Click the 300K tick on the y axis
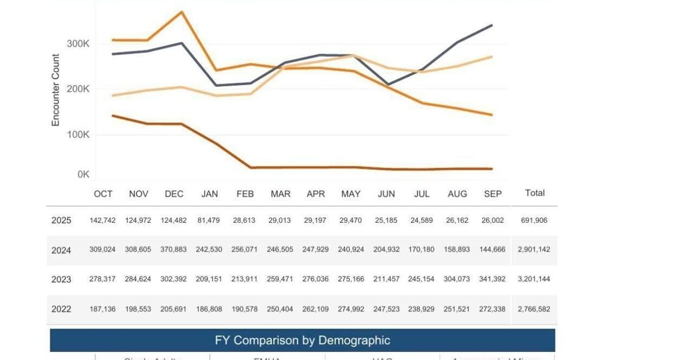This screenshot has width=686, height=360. click(x=78, y=44)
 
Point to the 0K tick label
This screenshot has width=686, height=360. click(x=83, y=174)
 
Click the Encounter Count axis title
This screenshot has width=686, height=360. click(x=56, y=90)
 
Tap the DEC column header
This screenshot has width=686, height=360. click(x=174, y=194)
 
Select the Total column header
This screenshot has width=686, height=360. click(x=535, y=193)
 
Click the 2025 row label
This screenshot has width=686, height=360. click(x=61, y=221)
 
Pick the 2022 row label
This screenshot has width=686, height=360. click(x=61, y=309)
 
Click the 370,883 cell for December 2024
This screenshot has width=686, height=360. click(x=173, y=250)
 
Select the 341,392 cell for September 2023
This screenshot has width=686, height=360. click(x=492, y=279)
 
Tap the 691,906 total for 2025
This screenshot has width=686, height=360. click(x=534, y=221)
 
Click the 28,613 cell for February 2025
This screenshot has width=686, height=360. click(x=245, y=221)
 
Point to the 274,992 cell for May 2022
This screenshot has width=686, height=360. click(x=350, y=309)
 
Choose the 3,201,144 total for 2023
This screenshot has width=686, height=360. click(x=534, y=279)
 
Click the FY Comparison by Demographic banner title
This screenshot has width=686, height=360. click(x=302, y=341)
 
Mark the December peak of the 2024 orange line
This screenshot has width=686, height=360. click(x=182, y=12)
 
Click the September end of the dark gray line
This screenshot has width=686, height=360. click(x=492, y=25)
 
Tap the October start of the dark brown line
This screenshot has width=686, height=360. click(x=113, y=115)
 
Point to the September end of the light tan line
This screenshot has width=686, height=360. click(x=492, y=57)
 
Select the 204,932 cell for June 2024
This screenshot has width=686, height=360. click(x=386, y=250)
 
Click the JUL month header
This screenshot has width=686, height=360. click(x=421, y=194)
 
